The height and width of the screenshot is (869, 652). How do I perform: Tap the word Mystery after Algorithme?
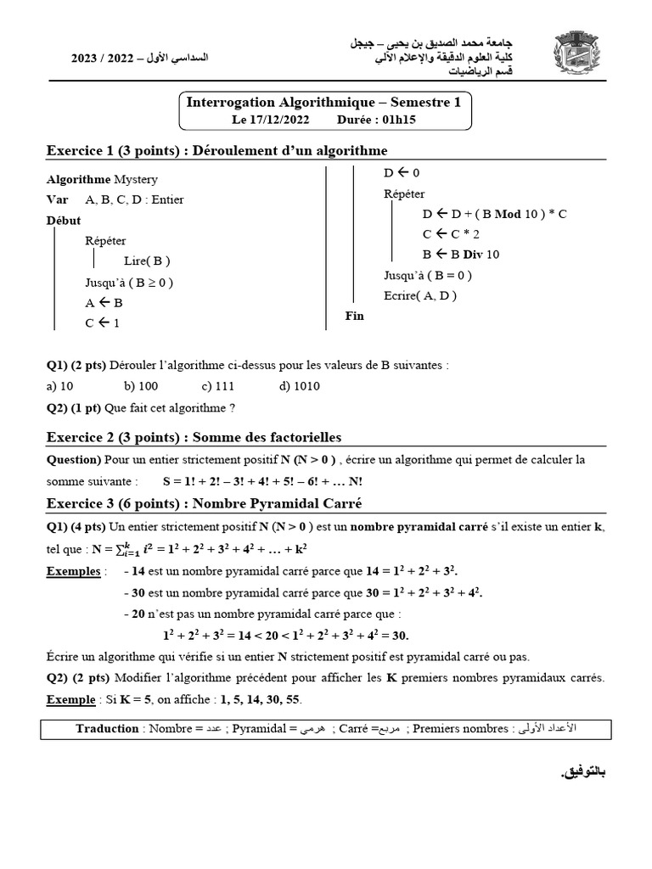136,179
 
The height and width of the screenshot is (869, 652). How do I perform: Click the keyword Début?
64,221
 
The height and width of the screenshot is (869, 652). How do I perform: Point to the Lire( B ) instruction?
148,261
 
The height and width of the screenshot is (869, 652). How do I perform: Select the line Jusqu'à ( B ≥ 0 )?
134,282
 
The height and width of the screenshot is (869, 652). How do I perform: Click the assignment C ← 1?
103,322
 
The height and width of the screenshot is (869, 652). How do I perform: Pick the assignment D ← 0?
402,173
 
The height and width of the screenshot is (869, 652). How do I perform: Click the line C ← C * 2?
452,233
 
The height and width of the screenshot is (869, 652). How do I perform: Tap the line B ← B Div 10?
461,254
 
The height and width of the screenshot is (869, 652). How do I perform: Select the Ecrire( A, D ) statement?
420,295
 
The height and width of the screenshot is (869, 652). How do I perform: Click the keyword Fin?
354,316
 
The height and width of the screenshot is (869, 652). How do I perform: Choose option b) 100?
141,385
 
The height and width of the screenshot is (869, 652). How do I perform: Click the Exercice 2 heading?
194,437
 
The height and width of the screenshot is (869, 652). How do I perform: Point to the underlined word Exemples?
73,571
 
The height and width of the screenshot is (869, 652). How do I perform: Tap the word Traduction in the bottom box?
107,728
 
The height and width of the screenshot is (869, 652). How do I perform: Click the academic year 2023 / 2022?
98,59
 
